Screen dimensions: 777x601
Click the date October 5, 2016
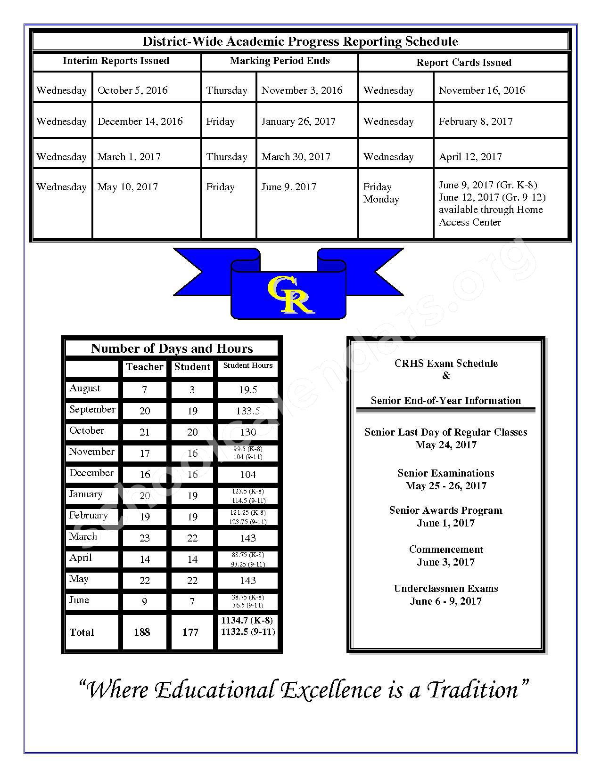(x=132, y=90)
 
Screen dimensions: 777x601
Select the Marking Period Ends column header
(x=280, y=61)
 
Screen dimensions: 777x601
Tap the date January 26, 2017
(x=298, y=121)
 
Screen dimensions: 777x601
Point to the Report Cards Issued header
(x=463, y=63)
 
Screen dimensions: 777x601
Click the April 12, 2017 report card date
(x=470, y=157)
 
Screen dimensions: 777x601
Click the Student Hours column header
(x=248, y=365)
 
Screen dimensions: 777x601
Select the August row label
(x=85, y=388)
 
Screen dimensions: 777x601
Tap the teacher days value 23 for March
(x=145, y=538)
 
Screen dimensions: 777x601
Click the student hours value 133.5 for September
(x=248, y=411)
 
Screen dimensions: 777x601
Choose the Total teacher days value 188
(x=142, y=632)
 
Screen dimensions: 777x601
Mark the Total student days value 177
(x=190, y=632)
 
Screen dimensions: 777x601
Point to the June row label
(x=79, y=600)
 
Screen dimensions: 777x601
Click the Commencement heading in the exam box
(x=446, y=550)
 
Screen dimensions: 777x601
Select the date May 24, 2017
(x=446, y=445)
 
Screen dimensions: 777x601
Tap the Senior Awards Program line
(x=445, y=510)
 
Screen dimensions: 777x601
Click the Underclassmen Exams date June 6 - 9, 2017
(x=445, y=601)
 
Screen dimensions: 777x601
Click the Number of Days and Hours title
(x=172, y=348)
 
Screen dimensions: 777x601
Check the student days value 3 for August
(x=192, y=390)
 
